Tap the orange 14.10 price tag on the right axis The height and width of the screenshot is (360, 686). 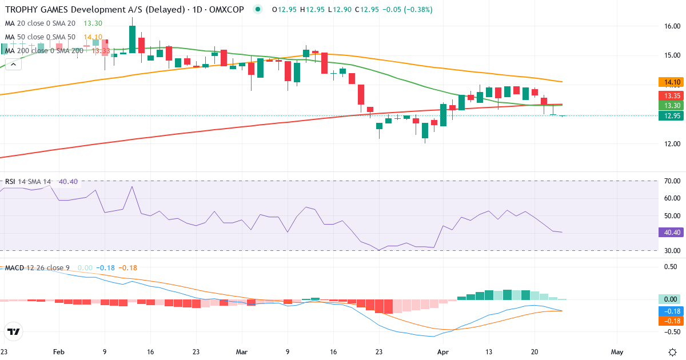[x=669, y=82]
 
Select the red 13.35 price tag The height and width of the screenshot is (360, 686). [x=669, y=95]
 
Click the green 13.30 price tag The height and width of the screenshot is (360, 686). [x=669, y=106]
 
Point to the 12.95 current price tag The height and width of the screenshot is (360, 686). [x=669, y=116]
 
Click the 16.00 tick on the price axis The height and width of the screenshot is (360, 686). [x=672, y=26]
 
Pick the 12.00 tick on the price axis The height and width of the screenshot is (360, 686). [x=672, y=143]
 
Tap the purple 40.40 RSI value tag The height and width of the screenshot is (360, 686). [x=669, y=233]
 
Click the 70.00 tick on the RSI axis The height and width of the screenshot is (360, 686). [x=672, y=181]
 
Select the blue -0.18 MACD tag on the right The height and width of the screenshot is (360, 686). [x=669, y=311]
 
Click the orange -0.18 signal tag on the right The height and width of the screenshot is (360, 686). [x=669, y=321]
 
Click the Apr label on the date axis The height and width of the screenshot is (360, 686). [x=442, y=352]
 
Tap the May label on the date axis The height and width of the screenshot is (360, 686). [x=617, y=352]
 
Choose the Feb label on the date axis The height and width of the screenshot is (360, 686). [x=59, y=352]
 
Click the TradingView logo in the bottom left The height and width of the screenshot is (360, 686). [x=14, y=331]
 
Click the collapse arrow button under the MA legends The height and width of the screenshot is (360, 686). [x=13, y=64]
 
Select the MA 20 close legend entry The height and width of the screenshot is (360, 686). [x=40, y=23]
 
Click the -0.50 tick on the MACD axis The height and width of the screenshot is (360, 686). [x=672, y=331]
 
